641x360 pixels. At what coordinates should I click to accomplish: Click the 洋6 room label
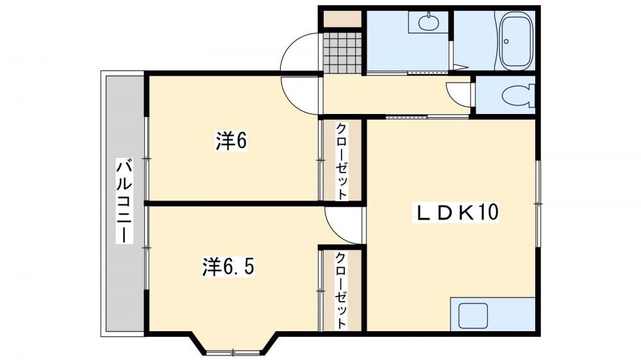point(231,141)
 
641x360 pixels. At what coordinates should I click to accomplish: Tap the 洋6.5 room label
point(229,267)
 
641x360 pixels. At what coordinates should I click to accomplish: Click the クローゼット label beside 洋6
point(342,161)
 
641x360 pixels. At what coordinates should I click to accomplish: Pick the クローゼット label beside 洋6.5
point(342,291)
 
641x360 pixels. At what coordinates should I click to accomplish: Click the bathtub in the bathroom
point(517,41)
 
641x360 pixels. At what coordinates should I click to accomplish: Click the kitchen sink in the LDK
point(473,315)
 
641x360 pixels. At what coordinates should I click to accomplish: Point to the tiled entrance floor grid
point(342,51)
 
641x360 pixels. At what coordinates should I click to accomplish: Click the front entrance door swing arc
point(299,53)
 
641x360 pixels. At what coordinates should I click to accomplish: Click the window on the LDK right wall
point(538,203)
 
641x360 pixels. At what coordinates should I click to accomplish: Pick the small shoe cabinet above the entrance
point(342,19)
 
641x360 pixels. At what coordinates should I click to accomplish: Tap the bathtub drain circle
point(507,41)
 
